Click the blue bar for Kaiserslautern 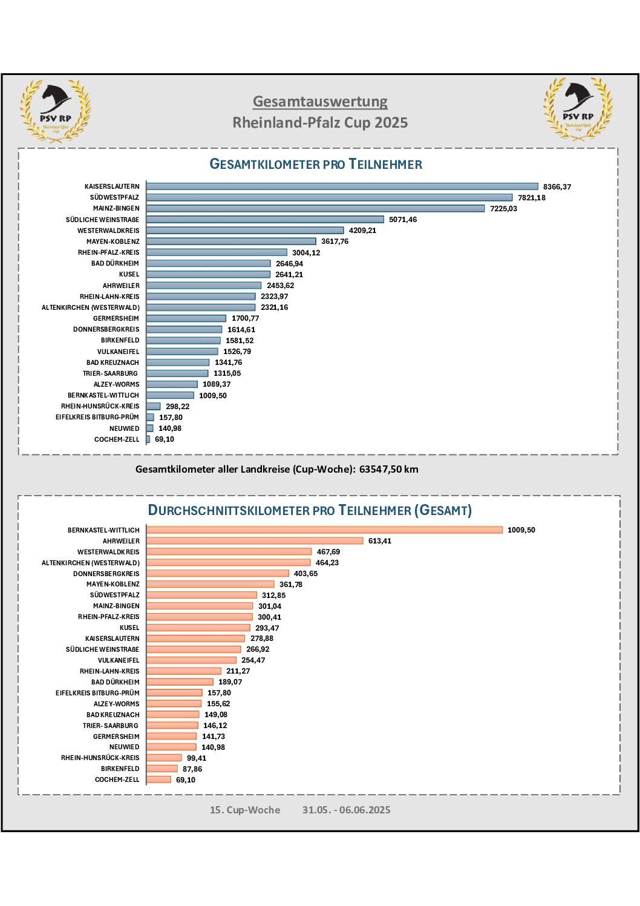(342, 186)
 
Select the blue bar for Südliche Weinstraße (265, 219)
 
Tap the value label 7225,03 (503, 209)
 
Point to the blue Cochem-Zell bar (148, 439)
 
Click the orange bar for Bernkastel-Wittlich (324, 530)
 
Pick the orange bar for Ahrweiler (255, 541)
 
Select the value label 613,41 (380, 541)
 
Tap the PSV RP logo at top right (578, 109)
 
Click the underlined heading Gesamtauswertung (320, 102)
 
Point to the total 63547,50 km (388, 469)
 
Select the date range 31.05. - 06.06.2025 (346, 810)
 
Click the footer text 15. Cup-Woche (244, 810)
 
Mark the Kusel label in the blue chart (129, 274)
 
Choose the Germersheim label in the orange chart (116, 737)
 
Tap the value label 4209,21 (362, 231)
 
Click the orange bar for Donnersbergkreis (218, 574)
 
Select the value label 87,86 (192, 769)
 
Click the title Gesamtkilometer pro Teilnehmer (316, 164)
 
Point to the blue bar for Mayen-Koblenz (231, 241)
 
